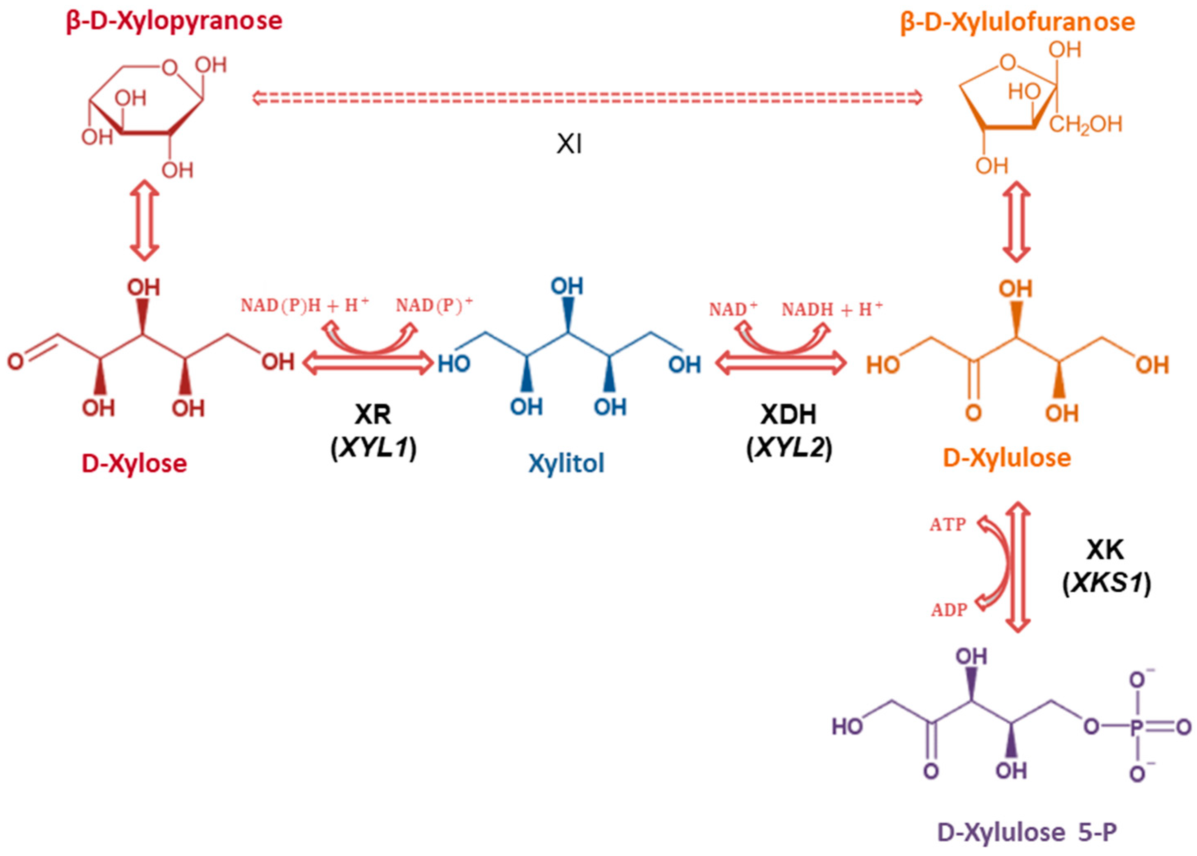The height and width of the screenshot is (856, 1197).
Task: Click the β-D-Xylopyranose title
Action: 174,21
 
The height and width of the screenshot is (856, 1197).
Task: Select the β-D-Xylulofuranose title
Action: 1017,22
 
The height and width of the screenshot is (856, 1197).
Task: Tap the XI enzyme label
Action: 569,144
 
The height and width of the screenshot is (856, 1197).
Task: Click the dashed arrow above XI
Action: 587,97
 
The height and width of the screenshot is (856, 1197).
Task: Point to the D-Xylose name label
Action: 134,463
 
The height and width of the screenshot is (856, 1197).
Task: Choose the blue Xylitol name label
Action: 566,463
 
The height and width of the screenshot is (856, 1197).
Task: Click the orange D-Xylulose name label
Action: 1007,458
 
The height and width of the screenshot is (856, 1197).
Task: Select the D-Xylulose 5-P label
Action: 1027,832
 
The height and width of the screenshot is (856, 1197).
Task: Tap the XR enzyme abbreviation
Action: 373,415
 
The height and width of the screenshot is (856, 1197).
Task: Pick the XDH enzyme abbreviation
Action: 789,415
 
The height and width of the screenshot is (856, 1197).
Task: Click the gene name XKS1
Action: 1107,584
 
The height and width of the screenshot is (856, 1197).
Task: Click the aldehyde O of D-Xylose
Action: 15,361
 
